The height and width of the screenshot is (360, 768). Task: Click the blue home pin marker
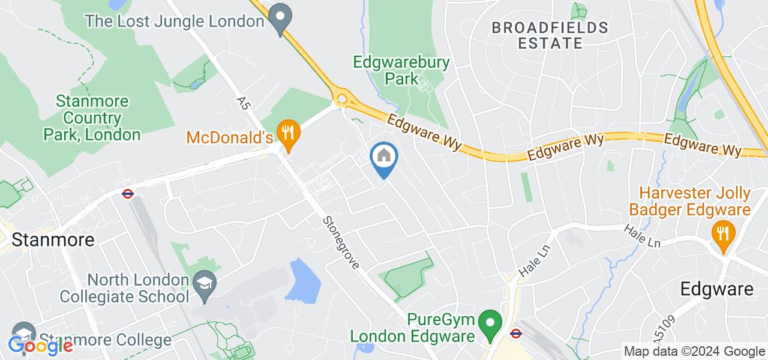click(x=384, y=158)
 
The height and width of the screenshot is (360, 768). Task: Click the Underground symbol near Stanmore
click(x=127, y=194)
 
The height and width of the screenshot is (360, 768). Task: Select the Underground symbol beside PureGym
click(x=515, y=333)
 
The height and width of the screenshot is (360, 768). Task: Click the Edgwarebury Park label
click(x=401, y=70)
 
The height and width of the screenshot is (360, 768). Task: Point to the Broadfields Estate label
click(x=550, y=35)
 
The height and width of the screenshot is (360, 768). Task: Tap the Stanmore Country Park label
click(x=92, y=118)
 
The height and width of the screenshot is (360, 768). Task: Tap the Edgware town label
click(x=716, y=289)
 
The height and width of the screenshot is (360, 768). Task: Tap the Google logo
click(x=41, y=346)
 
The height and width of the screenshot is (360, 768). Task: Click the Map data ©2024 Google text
click(x=694, y=352)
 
